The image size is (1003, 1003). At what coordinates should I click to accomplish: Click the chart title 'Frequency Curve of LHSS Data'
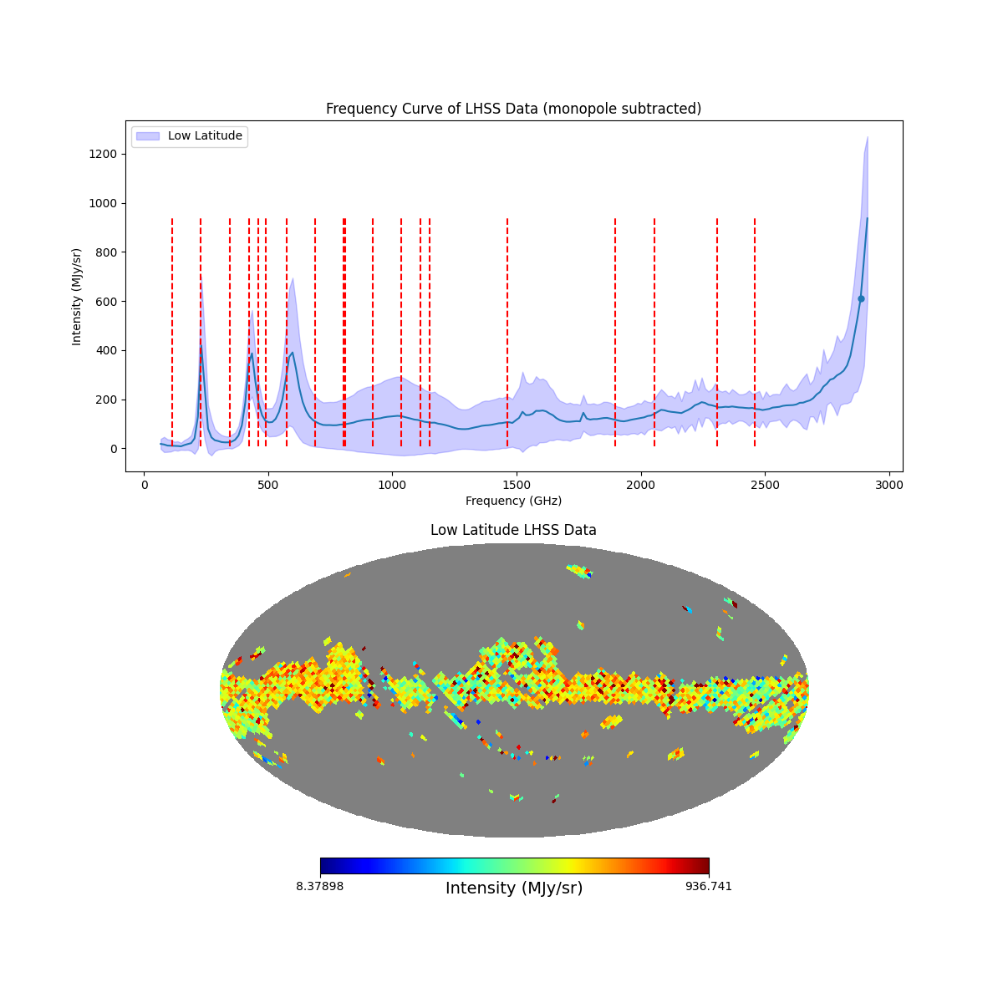[x=513, y=109]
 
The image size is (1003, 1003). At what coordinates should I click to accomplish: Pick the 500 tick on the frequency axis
[x=268, y=472]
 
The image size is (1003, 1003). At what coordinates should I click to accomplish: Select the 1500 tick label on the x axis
[x=517, y=485]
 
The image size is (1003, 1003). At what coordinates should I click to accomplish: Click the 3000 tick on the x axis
[x=889, y=472]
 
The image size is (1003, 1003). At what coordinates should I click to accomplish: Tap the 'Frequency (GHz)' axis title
[x=513, y=501]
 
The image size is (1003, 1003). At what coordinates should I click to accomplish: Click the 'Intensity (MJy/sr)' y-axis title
[x=77, y=296]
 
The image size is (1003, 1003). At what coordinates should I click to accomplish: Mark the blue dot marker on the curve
[x=861, y=298]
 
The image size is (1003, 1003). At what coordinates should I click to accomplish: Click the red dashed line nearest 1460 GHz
[x=507, y=334]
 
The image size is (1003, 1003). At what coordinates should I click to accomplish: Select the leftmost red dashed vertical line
[x=172, y=334]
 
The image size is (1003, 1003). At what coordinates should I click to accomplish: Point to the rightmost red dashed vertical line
[x=755, y=334]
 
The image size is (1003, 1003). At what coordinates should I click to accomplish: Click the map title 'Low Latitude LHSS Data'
[x=513, y=530]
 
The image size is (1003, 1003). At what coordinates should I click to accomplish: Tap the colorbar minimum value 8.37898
[x=319, y=886]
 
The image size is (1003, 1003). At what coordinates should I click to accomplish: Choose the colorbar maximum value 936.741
[x=709, y=886]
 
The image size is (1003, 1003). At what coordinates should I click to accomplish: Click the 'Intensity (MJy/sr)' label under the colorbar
[x=514, y=888]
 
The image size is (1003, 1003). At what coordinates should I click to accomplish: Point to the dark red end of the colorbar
[x=705, y=866]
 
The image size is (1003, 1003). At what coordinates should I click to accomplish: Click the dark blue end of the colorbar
[x=324, y=866]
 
